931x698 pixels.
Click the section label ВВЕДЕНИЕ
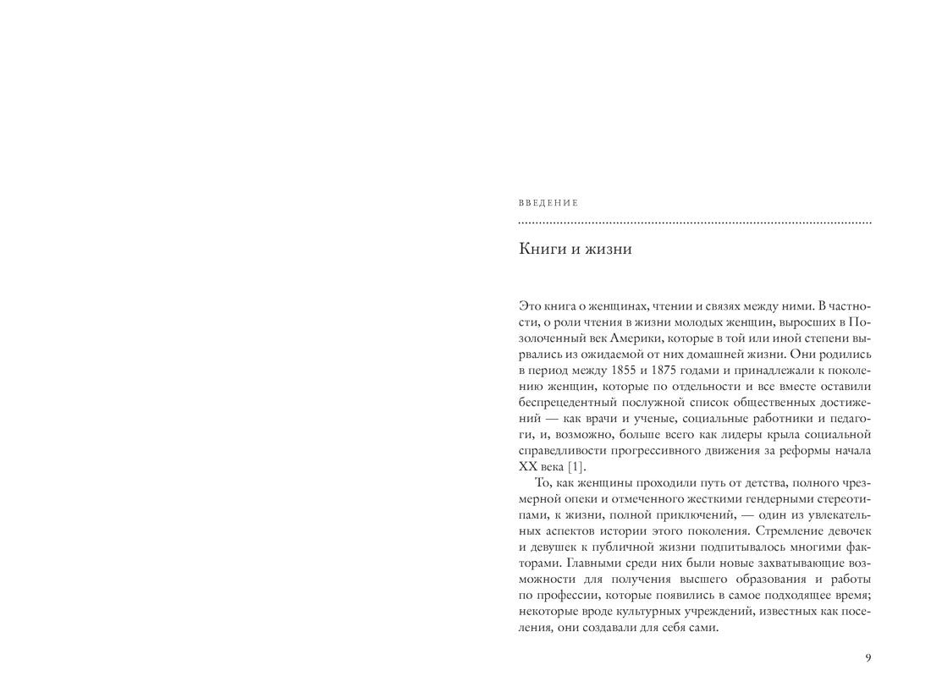click(x=548, y=203)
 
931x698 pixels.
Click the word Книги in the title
click(x=539, y=250)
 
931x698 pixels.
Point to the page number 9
click(x=868, y=658)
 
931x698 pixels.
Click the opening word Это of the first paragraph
click(x=529, y=305)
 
